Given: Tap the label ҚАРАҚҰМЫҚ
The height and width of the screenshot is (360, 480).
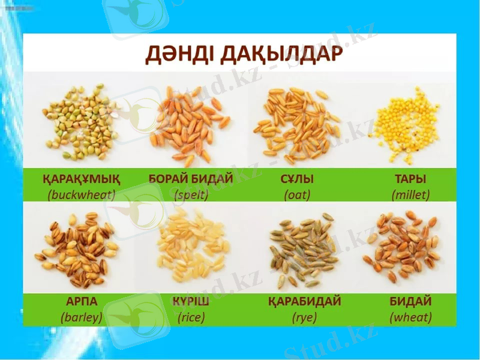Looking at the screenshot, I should point(82,179).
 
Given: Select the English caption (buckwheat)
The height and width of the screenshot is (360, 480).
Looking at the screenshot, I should point(82,194).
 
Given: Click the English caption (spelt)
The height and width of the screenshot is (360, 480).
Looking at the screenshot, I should point(191,194).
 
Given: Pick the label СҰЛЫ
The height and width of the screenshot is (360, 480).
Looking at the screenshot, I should point(297,179).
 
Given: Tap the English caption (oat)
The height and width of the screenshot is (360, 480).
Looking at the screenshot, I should point(297,194).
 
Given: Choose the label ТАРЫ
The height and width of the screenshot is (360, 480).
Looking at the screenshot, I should point(410,179).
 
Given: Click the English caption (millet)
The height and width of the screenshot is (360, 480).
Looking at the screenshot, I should point(410,194).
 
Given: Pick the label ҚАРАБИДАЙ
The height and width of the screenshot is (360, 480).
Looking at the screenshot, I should point(304,301).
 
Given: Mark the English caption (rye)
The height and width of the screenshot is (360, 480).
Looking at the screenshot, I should point(304,317).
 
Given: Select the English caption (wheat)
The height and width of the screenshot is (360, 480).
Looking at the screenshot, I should point(410,317).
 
